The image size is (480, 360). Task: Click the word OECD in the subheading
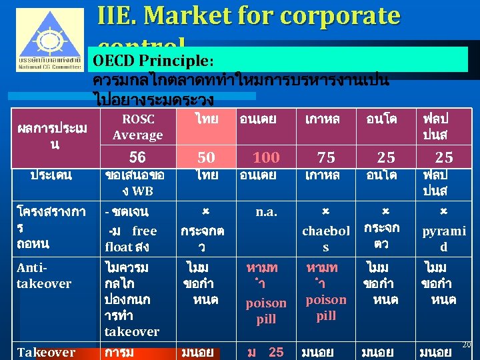tap(114, 61)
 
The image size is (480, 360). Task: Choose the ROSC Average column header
tap(137, 127)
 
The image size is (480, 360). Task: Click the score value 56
tap(137, 157)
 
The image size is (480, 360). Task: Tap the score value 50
tap(206, 157)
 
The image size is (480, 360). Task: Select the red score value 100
tap(266, 157)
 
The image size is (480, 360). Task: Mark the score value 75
tap(326, 157)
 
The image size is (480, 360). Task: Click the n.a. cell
tap(266, 213)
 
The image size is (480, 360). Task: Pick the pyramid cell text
tap(443, 239)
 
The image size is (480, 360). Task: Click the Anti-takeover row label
tap(44, 275)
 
